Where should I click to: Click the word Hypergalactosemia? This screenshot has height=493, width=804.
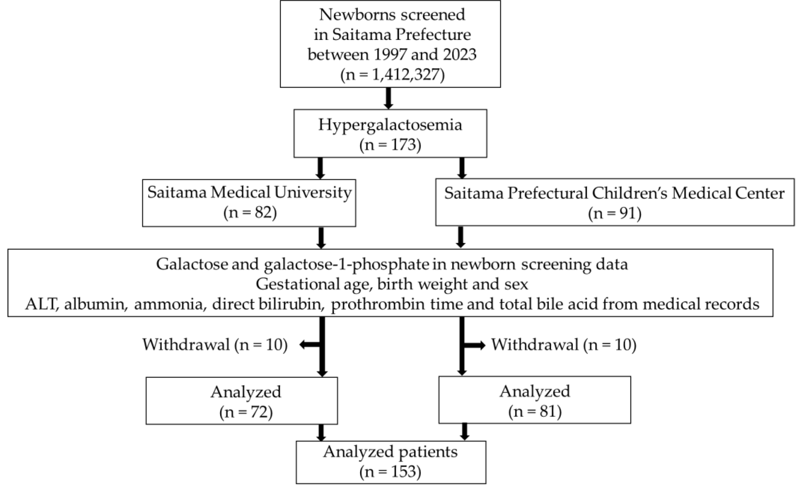390,125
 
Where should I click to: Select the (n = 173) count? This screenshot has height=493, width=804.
390,145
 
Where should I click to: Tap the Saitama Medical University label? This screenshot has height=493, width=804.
249,192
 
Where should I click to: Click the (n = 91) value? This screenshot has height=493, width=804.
614,213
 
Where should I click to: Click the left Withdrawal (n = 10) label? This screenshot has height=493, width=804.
215,345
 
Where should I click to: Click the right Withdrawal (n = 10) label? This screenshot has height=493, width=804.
564,345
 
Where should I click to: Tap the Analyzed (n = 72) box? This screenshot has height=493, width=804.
242,401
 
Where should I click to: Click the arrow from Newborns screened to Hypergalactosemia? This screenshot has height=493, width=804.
388,98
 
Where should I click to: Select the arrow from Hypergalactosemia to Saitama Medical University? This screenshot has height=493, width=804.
320,168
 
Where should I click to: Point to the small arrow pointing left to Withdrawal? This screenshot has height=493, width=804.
308,345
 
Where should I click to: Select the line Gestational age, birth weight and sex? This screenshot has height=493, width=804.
392,284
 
